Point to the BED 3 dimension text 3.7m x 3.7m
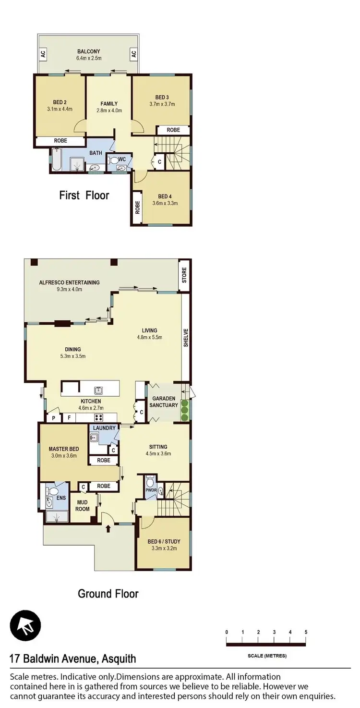pyautogui.click(x=162, y=104)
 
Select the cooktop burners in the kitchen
pyautogui.click(x=99, y=417)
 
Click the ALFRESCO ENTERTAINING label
pyautogui.click(x=69, y=282)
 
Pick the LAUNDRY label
pyautogui.click(x=105, y=428)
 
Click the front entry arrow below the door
pyautogui.click(x=108, y=528)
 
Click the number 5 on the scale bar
pyautogui.click(x=305, y=632)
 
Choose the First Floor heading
pyautogui.click(x=84, y=195)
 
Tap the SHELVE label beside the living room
pyautogui.click(x=186, y=338)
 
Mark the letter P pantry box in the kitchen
pyautogui.click(x=53, y=418)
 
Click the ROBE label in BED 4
pyautogui.click(x=137, y=207)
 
